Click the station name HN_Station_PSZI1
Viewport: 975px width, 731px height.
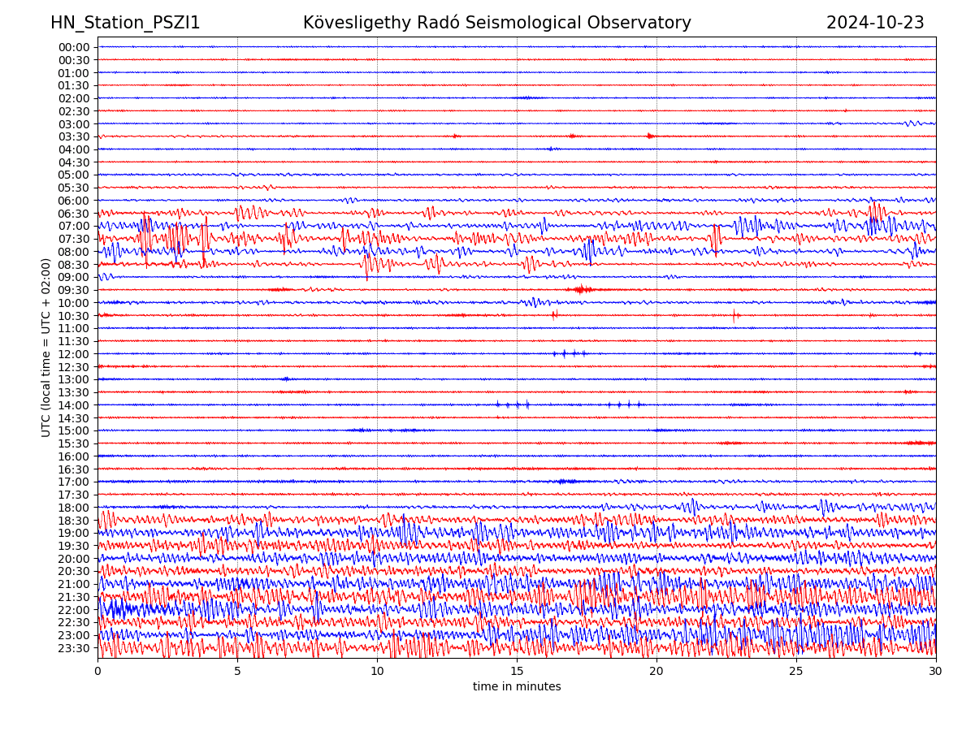coord(125,23)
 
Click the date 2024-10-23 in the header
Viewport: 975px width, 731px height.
coord(875,23)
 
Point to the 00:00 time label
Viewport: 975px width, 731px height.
coord(74,47)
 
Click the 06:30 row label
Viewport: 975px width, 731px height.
coord(74,214)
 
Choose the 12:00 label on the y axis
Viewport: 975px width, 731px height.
coord(74,354)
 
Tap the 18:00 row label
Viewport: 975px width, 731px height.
coord(74,508)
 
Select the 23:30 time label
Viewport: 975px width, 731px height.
coord(74,648)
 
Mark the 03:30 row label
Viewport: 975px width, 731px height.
coord(74,136)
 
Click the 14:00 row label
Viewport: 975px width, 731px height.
coord(74,405)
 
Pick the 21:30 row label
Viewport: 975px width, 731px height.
coord(74,597)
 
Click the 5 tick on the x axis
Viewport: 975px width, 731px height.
coord(237,672)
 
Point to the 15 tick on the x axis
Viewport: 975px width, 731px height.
coord(517,672)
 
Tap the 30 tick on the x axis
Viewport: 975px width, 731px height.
coord(936,672)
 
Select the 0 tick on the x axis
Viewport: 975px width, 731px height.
coord(97,672)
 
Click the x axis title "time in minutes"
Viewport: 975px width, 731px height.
coord(517,687)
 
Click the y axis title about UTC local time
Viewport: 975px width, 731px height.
coord(46,348)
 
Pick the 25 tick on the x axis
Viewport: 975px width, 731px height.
coord(796,672)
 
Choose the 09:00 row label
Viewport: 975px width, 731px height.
coord(74,277)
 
